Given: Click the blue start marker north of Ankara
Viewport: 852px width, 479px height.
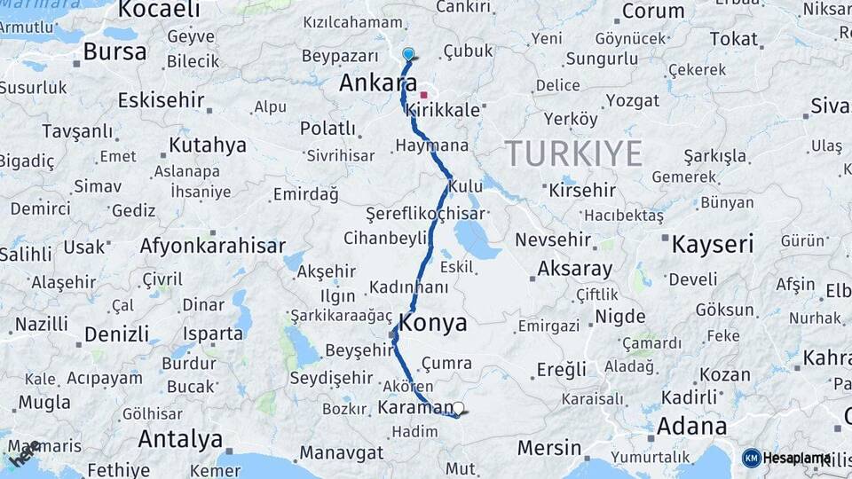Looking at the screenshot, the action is pos(408,54).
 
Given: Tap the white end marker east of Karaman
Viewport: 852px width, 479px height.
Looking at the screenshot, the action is pos(458,409).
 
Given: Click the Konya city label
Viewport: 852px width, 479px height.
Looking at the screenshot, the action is pos(433,323).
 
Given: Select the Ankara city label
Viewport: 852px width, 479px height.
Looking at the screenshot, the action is pos(378,82).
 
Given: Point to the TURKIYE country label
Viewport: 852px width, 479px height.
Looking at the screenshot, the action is pos(574,154).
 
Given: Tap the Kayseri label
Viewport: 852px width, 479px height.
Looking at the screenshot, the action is pos(713,245).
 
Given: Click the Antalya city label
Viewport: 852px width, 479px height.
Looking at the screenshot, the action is pos(180,439).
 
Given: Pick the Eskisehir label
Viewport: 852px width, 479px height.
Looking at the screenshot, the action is pos(161,99).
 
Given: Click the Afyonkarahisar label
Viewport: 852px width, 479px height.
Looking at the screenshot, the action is pos(212,246).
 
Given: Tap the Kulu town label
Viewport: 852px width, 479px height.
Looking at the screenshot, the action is pos(466,187).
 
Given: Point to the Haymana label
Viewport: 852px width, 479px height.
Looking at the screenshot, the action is pos(432,145).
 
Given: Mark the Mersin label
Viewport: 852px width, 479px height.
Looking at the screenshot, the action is pos(549,448).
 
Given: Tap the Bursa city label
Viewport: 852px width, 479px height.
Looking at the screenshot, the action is pos(114,51).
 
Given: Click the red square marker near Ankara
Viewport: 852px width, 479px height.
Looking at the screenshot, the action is pos(423,95).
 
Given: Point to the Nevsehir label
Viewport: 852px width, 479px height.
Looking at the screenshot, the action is pos(578,240).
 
